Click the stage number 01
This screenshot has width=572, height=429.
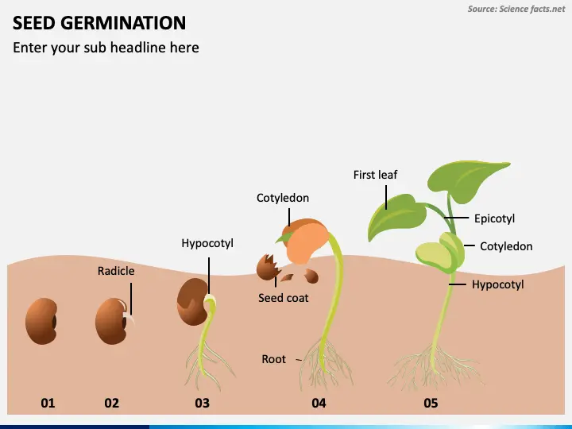click(x=48, y=403)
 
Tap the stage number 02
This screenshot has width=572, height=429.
click(x=112, y=403)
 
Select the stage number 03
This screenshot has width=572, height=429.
click(x=203, y=403)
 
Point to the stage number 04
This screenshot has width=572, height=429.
click(x=319, y=403)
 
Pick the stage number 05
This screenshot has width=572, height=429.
click(x=431, y=403)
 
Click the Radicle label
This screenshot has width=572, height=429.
click(x=116, y=271)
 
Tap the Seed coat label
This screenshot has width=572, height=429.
click(x=284, y=298)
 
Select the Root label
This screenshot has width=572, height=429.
click(x=273, y=359)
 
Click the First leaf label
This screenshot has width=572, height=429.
click(x=375, y=175)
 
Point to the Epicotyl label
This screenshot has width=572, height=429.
click(x=494, y=218)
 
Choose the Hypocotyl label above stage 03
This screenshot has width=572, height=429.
click(x=207, y=243)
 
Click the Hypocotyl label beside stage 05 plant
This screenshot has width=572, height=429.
click(x=498, y=284)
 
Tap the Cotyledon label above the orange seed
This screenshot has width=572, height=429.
click(x=283, y=198)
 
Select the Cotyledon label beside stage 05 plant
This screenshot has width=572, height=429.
click(x=506, y=246)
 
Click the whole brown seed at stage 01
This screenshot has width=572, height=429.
click(x=41, y=322)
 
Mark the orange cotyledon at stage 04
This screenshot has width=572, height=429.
click(x=306, y=242)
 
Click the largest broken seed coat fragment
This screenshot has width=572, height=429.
click(x=269, y=268)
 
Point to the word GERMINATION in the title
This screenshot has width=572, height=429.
click(x=123, y=23)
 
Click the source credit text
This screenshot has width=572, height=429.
click(x=516, y=9)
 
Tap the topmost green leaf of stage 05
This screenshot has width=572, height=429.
click(x=467, y=180)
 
